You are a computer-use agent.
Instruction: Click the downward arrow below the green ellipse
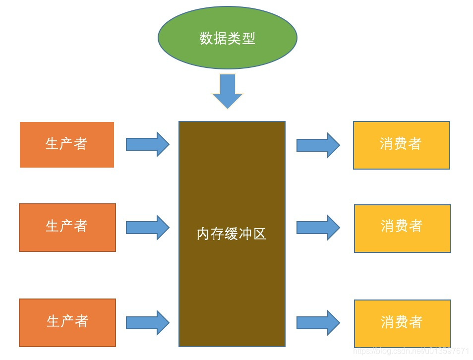(228, 91)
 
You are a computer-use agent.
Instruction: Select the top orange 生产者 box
(67, 145)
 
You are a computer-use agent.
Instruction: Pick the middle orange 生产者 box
(67, 227)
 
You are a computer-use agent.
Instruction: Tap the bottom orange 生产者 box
(67, 322)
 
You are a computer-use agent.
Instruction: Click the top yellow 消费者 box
(401, 145)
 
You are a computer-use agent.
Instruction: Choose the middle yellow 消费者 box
(402, 228)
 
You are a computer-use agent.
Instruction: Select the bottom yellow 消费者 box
(402, 323)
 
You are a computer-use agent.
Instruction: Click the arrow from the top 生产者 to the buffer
(147, 144)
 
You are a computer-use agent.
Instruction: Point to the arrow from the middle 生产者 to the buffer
(147, 228)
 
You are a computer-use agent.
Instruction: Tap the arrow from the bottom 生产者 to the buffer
(147, 323)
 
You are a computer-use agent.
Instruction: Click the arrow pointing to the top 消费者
(318, 145)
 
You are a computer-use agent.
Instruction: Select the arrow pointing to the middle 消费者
(318, 228)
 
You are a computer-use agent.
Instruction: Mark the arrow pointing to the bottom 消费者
(318, 323)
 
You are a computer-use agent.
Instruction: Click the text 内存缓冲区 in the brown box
(232, 234)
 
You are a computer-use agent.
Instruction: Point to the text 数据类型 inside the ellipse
(227, 38)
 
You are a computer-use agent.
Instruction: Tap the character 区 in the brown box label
(260, 234)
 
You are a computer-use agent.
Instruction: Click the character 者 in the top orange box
(81, 144)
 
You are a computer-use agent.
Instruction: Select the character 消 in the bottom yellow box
(388, 322)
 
